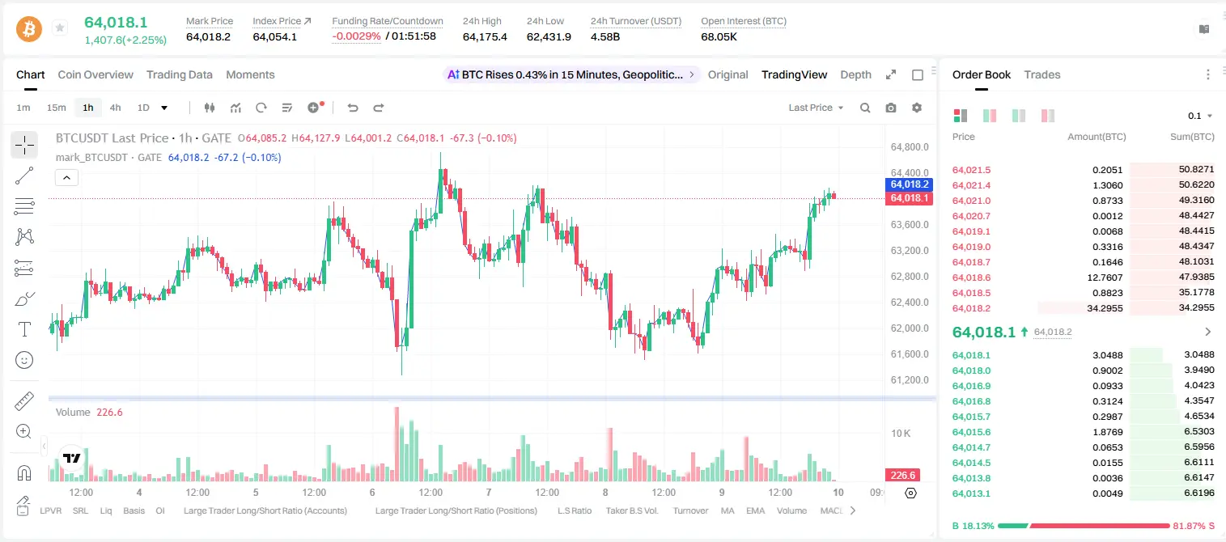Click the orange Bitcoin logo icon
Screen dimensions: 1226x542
pyautogui.click(x=29, y=29)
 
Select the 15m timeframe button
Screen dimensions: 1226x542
pyautogui.click(x=57, y=108)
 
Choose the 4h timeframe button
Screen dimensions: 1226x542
pyautogui.click(x=115, y=108)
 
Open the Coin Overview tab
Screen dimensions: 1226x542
pyautogui.click(x=95, y=75)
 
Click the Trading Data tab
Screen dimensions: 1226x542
pyautogui.click(x=179, y=75)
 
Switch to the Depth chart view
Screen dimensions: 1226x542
pyautogui.click(x=855, y=75)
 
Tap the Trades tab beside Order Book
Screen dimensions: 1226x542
pyautogui.click(x=1042, y=75)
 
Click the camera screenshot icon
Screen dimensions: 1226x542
pyautogui.click(x=891, y=108)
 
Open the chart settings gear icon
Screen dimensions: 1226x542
pyautogui.click(x=917, y=108)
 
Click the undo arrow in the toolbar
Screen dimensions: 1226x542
pyautogui.click(x=353, y=108)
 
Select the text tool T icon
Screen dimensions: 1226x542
pyautogui.click(x=24, y=329)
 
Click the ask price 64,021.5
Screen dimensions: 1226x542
pyautogui.click(x=972, y=170)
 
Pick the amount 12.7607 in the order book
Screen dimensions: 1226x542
pyautogui.click(x=1105, y=277)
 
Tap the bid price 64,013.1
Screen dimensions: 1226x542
pyautogui.click(x=972, y=493)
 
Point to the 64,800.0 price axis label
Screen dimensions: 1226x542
pyautogui.click(x=910, y=147)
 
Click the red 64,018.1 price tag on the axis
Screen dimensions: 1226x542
pyautogui.click(x=909, y=198)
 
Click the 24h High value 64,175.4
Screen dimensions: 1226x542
pyautogui.click(x=485, y=36)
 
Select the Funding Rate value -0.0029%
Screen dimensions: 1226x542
pyautogui.click(x=356, y=36)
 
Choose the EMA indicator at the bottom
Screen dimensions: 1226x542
pyautogui.click(x=755, y=510)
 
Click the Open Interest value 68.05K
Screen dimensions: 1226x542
pyautogui.click(x=719, y=36)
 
